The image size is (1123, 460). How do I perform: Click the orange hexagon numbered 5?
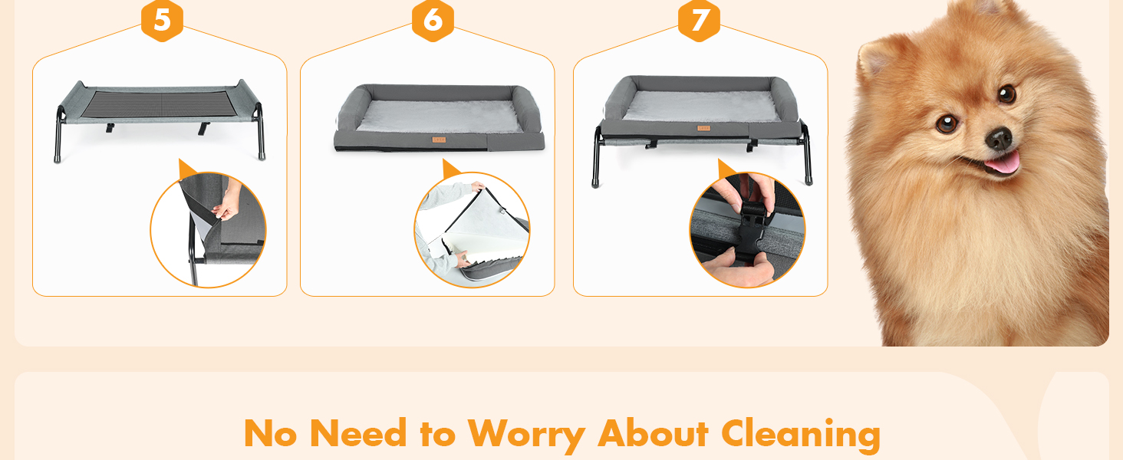tap(162, 20)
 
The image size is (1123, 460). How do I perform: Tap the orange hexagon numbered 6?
tap(433, 20)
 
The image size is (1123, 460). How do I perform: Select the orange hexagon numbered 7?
tap(699, 20)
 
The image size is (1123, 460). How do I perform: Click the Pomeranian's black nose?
tap(999, 138)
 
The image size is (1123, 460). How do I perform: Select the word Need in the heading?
tap(358, 433)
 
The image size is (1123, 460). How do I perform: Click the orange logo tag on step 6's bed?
tap(439, 140)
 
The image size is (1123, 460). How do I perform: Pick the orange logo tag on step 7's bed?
tap(703, 128)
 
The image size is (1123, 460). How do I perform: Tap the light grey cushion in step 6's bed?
tap(440, 117)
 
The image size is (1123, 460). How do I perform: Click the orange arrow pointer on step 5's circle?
tap(187, 169)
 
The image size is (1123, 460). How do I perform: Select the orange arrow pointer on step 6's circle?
tap(451, 169)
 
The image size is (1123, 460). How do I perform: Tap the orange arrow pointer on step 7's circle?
tap(726, 169)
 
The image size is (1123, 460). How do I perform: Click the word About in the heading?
tap(654, 433)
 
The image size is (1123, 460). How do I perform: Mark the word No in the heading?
tap(270, 433)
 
